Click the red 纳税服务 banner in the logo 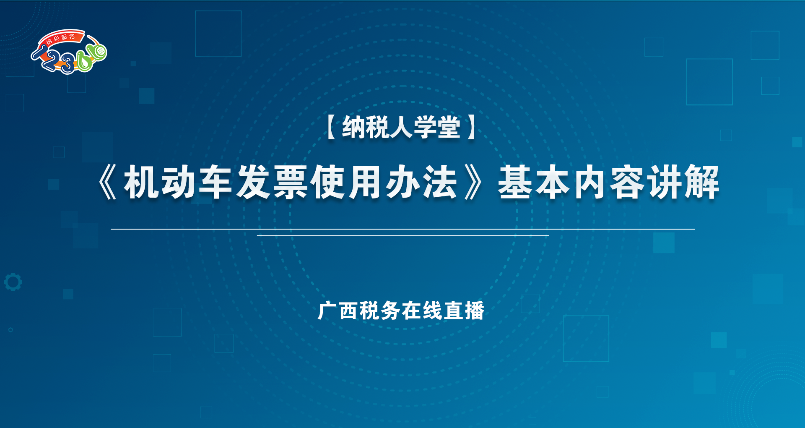coord(61,38)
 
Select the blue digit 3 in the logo coord(68,65)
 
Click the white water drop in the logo coord(85,63)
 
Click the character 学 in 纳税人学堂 coord(425,127)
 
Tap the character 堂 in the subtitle coord(449,127)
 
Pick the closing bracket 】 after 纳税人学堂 coord(471,127)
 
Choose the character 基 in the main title coord(515,182)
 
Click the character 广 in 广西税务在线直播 coord(327,311)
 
